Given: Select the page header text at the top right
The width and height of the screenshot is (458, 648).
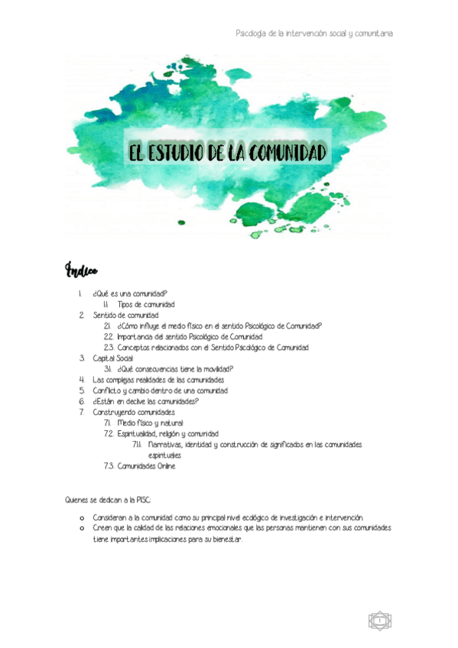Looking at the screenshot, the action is click(316, 34).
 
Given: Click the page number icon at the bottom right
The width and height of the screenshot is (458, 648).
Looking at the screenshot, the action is click(379, 620).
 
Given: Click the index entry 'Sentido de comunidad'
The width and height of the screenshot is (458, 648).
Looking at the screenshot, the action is click(125, 315).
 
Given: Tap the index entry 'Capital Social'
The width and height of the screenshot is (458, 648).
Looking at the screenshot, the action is click(112, 358).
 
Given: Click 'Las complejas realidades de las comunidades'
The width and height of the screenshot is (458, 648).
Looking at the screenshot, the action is click(158, 380).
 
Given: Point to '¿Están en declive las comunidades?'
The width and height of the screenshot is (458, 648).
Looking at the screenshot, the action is click(145, 401).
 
